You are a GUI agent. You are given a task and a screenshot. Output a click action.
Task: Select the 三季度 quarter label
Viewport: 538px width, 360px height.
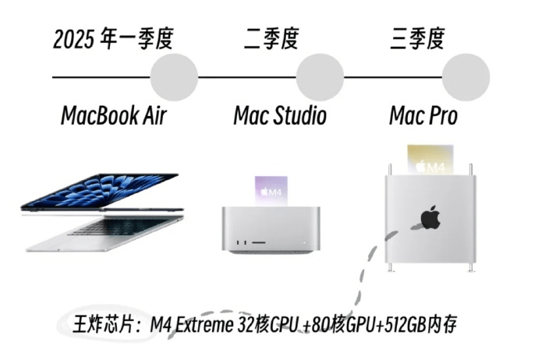point(417,38)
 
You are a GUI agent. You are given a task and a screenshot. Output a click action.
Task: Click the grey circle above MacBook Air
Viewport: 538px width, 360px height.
point(173,78)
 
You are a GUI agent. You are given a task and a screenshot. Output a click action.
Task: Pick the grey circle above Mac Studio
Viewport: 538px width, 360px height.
point(320,78)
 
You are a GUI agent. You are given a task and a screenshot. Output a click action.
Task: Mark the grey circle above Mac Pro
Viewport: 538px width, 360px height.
point(465,78)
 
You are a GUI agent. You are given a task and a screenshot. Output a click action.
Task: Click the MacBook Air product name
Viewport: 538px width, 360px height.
point(114,116)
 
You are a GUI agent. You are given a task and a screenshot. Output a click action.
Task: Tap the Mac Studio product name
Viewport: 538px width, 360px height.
point(280,116)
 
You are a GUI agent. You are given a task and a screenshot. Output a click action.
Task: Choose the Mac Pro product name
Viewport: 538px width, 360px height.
point(423,116)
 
